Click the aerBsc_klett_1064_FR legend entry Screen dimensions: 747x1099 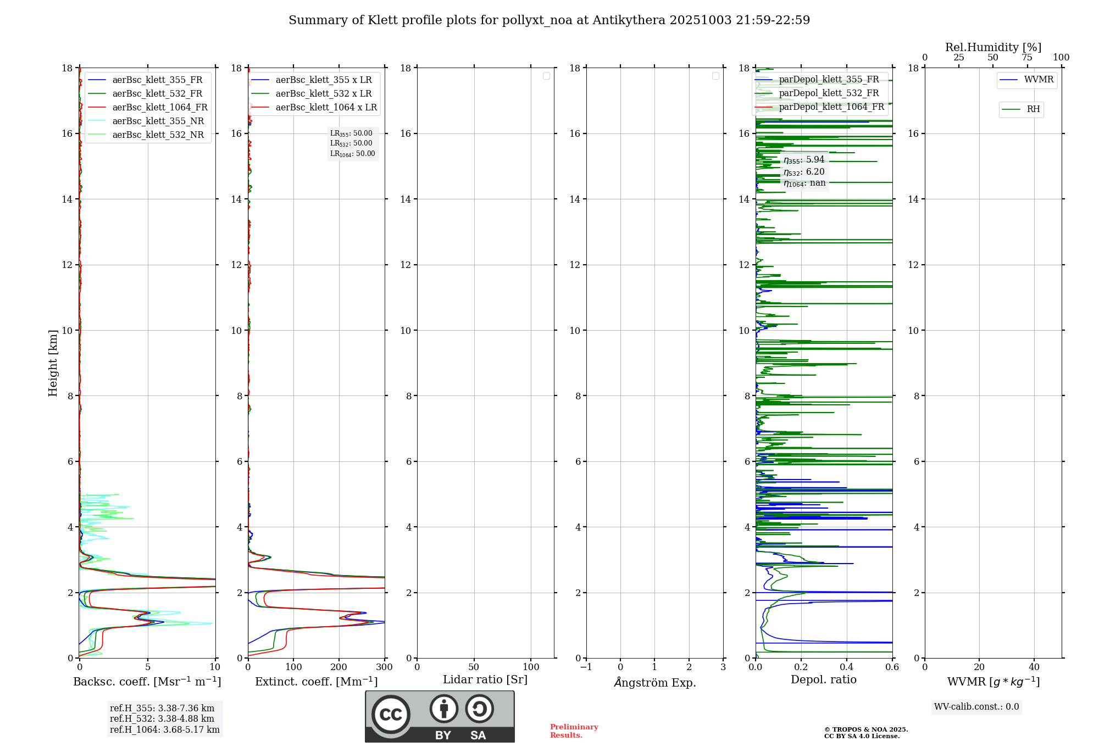pos(159,108)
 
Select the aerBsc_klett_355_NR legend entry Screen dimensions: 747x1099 pos(158,121)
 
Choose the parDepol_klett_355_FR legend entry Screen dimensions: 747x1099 pos(829,80)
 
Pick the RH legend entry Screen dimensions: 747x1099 pos(1033,109)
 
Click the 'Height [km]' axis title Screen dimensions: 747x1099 pos(53,363)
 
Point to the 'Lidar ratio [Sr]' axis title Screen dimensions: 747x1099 pos(485,679)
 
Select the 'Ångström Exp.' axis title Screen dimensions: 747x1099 pos(654,682)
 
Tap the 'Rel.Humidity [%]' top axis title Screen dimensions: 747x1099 pos(993,47)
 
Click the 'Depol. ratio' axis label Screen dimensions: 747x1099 pos(823,679)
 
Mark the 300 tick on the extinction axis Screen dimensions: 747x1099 pos(385,667)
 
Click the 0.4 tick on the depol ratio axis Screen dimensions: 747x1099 pos(847,667)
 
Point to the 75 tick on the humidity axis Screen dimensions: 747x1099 pos(1027,58)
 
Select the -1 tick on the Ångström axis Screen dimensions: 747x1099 pos(586,667)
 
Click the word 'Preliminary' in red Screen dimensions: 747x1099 pos(574,727)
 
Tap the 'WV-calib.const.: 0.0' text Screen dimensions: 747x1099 pos(976,707)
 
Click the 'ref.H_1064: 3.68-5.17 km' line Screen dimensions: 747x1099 pos(164,730)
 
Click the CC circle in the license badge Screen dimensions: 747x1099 pos(391,714)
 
